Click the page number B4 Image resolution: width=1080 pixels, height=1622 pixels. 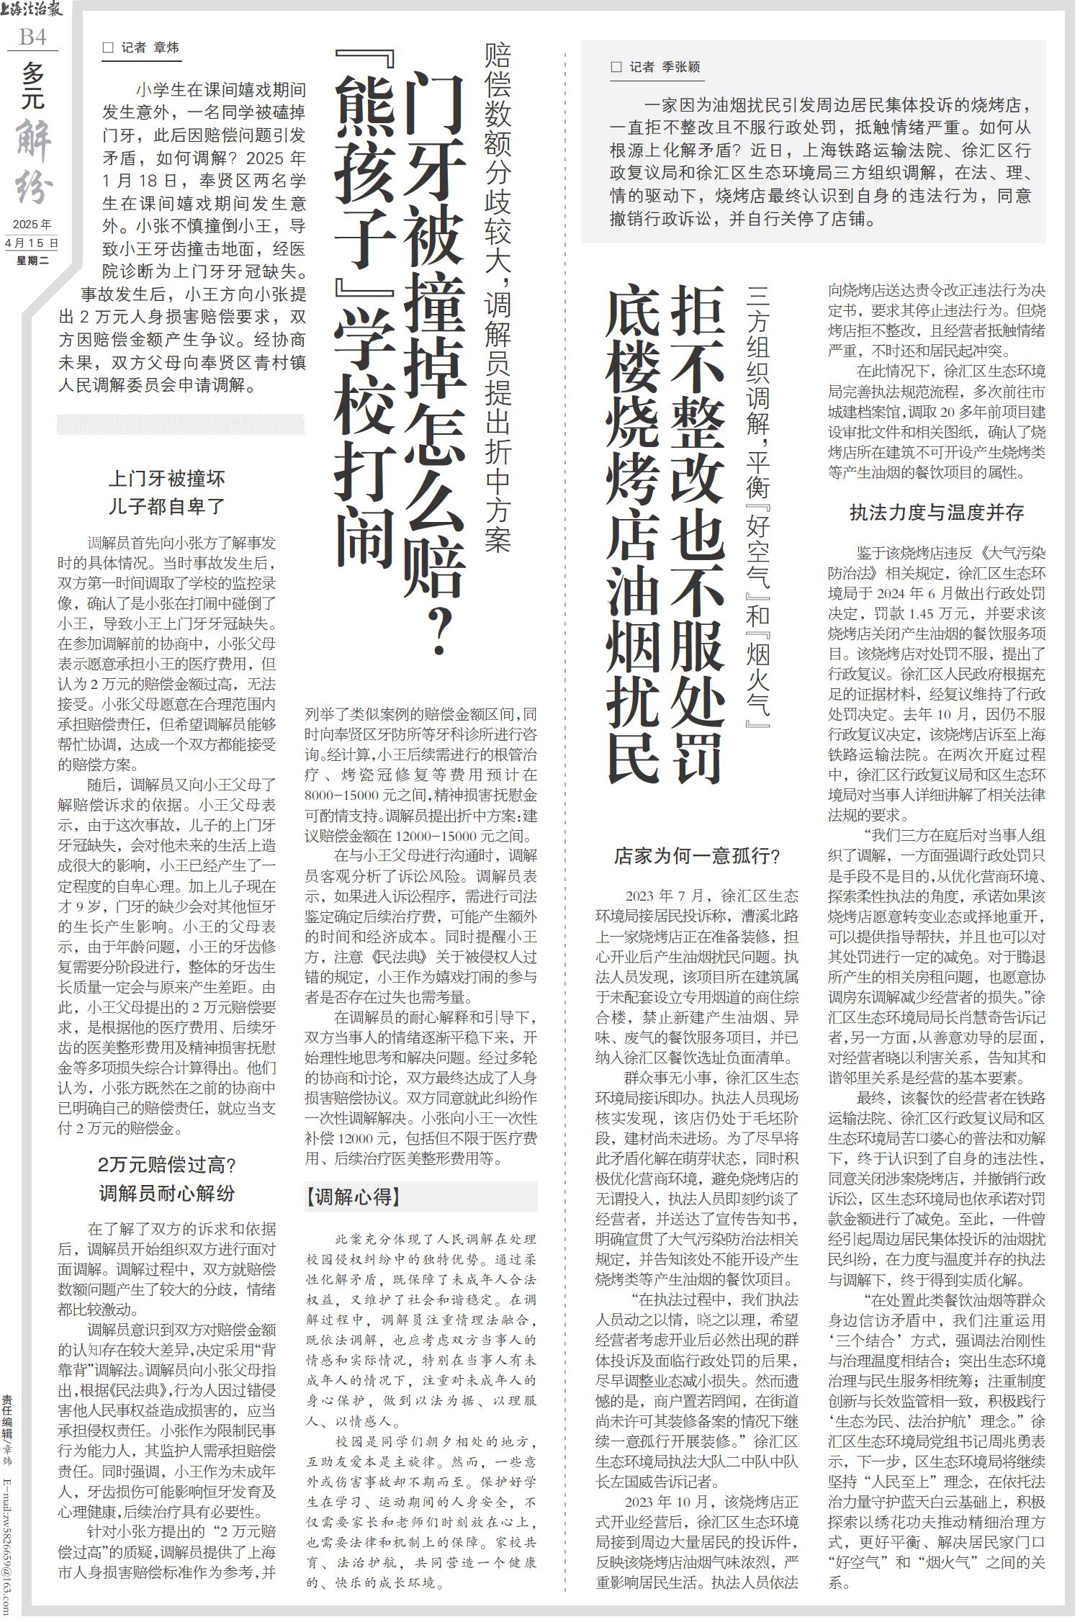click(32, 37)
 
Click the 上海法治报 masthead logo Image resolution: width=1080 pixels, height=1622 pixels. click(32, 10)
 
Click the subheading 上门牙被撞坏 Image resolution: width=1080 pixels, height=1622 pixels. click(167, 479)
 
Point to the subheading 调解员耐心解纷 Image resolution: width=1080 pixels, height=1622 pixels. click(167, 1194)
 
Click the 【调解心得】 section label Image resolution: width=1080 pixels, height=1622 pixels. click(354, 1197)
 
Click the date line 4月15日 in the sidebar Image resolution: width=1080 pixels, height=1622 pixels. click(32, 243)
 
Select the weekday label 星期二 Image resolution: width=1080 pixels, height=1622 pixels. click(32, 261)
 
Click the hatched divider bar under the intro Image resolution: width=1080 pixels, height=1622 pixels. click(180, 425)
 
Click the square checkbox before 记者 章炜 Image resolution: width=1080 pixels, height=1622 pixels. click(109, 48)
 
